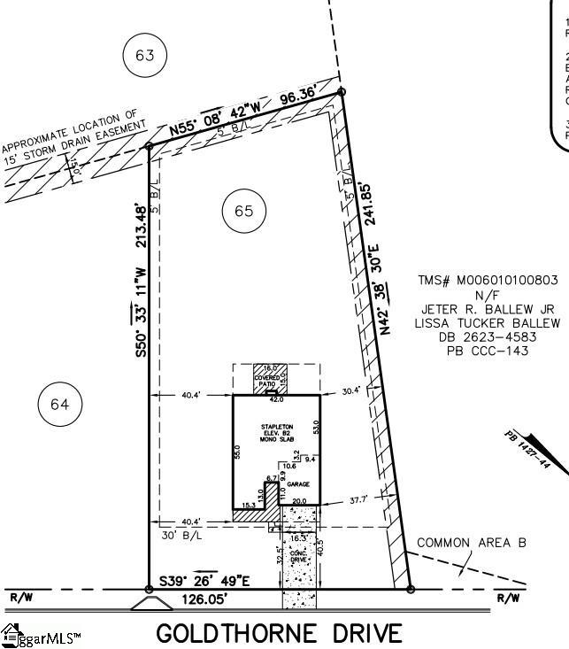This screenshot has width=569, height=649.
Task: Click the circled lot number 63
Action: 145,56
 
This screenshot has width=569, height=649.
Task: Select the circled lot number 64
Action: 59,405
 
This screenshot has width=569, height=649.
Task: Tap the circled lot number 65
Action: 244,210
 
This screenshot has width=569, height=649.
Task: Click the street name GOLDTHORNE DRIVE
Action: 280,634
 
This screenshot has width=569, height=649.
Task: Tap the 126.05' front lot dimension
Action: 211,599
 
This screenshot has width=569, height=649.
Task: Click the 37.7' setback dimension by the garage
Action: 358,500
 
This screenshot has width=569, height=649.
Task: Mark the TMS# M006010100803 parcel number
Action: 488,281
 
